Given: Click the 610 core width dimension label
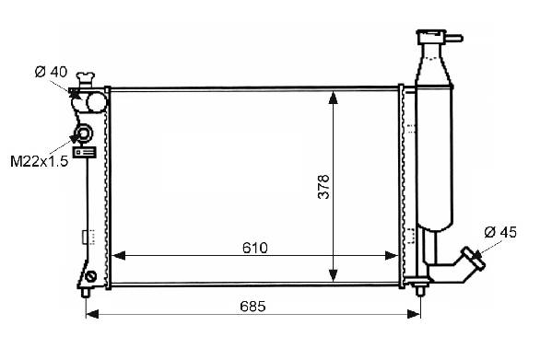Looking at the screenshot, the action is point(255,249).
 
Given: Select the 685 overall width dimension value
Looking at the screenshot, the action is point(253,307).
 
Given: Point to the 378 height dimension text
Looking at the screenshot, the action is point(323,187).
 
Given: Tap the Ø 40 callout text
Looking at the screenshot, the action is point(51,72).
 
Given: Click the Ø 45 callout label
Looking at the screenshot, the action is point(500,232).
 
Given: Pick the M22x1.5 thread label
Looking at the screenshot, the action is point(39,161).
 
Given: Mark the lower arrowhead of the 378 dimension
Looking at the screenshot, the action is point(333,276).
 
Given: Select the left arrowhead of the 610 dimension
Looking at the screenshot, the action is point(118,256).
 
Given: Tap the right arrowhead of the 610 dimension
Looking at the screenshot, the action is point(392,256).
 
